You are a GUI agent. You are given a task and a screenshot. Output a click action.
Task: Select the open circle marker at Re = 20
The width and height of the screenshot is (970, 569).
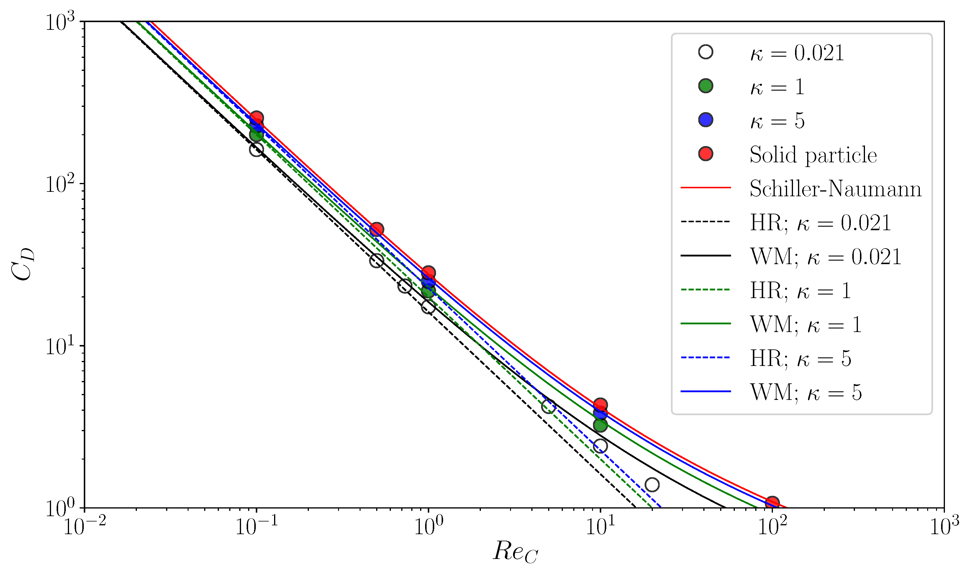coord(652,484)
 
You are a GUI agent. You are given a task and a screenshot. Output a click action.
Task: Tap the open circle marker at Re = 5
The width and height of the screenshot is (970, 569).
coord(548,406)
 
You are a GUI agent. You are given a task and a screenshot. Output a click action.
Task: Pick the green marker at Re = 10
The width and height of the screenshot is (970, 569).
coord(600,425)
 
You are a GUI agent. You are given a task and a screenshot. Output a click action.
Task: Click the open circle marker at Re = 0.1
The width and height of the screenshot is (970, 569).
coord(256,149)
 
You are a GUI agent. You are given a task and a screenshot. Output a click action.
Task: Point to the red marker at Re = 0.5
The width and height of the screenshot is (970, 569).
coord(376,229)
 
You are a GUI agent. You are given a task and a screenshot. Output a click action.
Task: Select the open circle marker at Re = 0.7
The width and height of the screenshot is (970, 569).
coord(404,286)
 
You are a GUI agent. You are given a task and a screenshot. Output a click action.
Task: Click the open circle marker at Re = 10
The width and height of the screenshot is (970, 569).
coord(600,446)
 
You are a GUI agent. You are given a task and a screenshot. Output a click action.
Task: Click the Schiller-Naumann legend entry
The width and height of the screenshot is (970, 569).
coord(835,189)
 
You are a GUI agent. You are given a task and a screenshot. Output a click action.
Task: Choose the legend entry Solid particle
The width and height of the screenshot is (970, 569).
coord(813,155)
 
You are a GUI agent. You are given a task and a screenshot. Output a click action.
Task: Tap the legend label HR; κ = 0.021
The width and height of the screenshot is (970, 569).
coord(820,223)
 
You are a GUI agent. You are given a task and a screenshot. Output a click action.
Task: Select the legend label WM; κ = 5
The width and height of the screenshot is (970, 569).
coord(806,392)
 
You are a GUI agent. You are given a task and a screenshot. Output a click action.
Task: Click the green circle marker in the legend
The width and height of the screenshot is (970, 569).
coord(706,86)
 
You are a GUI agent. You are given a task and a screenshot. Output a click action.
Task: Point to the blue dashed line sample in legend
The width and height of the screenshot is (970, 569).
coord(706,358)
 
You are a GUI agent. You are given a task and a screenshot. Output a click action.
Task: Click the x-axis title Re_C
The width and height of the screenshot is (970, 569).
coord(515,551)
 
